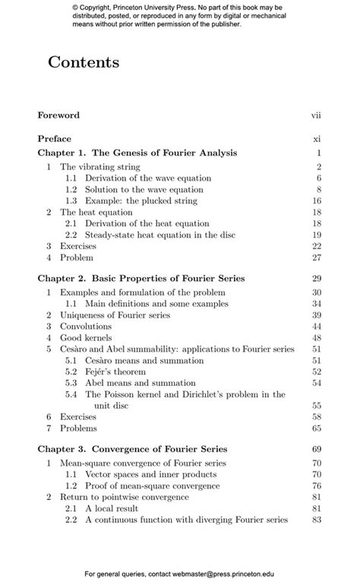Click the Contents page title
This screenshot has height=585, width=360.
(x=84, y=63)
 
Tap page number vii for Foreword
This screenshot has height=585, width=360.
(x=317, y=115)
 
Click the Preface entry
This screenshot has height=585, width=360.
(x=55, y=139)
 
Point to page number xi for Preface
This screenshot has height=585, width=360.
(x=318, y=139)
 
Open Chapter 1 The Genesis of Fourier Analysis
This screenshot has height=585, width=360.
(x=137, y=153)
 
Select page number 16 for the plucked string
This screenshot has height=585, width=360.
(x=317, y=201)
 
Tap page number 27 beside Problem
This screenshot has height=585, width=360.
(x=317, y=258)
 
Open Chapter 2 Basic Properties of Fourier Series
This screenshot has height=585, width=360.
(x=141, y=279)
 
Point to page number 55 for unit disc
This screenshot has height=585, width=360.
(x=317, y=406)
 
